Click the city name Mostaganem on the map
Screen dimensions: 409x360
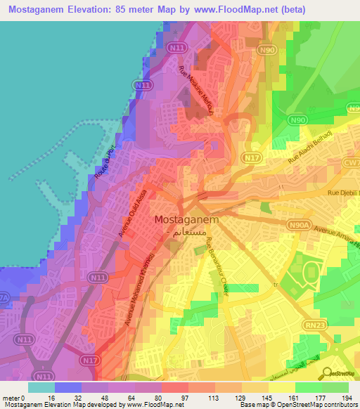(186, 219)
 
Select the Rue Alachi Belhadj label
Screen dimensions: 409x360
(310, 152)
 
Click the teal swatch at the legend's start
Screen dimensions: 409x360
(41, 387)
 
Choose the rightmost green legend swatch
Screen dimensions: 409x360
(335, 387)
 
